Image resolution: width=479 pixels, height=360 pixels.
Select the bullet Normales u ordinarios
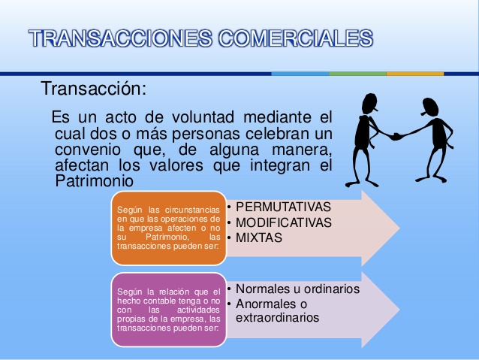[297, 289]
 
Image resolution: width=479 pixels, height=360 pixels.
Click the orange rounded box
[168, 227]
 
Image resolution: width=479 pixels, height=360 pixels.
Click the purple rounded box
[168, 308]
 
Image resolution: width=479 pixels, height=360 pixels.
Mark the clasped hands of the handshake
[396, 135]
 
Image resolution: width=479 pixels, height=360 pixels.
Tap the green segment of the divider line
[357, 74]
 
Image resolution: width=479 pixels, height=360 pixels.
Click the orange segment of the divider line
[414, 74]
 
